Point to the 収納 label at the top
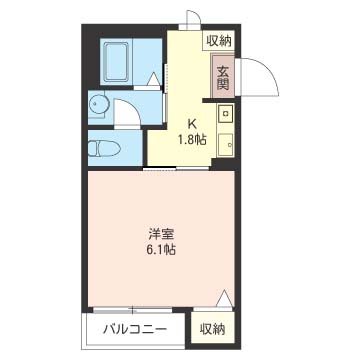pyautogui.click(x=219, y=40)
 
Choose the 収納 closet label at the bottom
pyautogui.click(x=211, y=327)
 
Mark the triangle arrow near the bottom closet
pyautogui.click(x=225, y=298)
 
